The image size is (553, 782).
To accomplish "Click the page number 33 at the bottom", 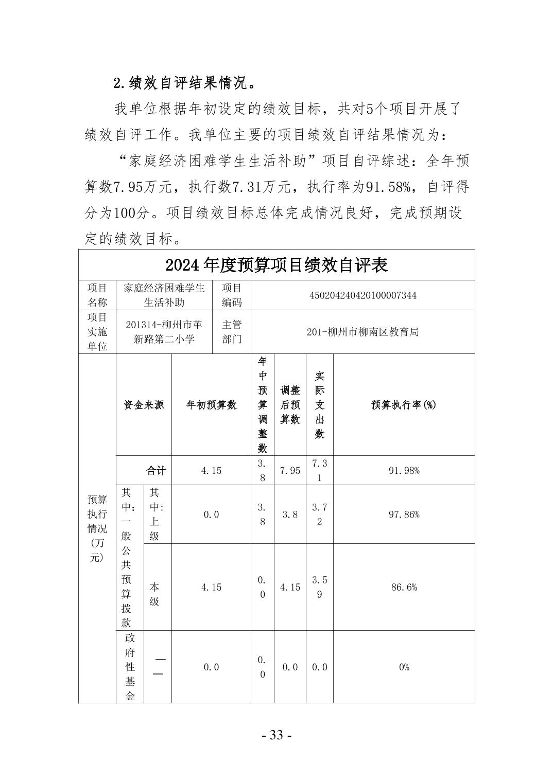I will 276,735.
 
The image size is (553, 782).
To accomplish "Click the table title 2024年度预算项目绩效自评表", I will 276,265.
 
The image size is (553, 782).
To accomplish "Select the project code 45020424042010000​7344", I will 362,295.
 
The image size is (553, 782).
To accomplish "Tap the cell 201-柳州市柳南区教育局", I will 362,332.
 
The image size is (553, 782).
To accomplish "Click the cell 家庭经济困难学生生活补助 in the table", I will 164,295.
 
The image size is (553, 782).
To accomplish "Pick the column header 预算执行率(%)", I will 404,405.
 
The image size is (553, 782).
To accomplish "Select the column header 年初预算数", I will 211,405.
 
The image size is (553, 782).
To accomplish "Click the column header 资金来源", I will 144,405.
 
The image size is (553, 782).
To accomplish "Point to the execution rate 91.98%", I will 404,470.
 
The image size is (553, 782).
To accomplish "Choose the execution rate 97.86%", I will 404,514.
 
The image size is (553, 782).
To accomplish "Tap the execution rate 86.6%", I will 404,587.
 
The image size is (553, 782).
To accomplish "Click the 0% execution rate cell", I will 404,667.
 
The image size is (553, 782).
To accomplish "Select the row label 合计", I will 156,470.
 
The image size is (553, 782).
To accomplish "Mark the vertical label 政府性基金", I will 130,667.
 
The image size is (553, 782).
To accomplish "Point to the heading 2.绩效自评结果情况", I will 184,83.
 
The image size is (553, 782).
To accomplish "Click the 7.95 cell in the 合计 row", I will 290,470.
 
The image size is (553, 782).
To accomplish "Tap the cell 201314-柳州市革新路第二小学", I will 164,332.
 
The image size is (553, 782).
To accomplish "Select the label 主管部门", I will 232,332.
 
